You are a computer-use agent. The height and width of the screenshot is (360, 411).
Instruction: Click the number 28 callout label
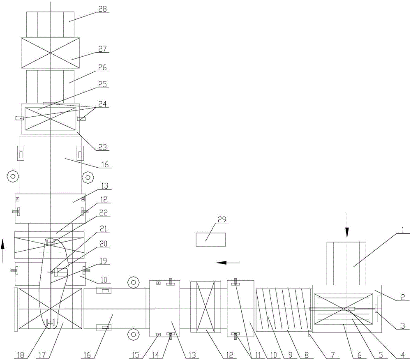(101, 9)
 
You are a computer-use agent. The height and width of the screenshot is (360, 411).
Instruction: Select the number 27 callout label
(101, 48)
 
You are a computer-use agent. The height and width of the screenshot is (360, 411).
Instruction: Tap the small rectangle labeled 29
(210, 239)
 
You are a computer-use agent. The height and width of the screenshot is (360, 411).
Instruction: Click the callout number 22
(101, 212)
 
